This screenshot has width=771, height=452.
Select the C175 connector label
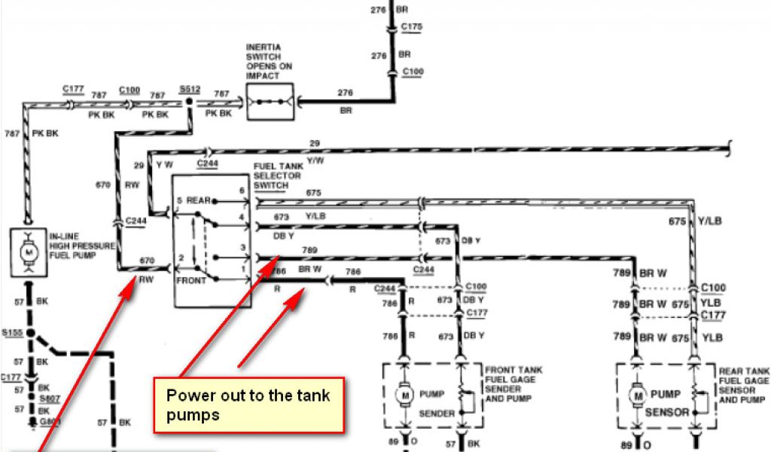[x=413, y=26]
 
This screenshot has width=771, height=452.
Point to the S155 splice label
[x=13, y=331]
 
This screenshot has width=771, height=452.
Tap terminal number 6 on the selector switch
[x=242, y=191]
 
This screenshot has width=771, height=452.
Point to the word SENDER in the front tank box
[x=436, y=414]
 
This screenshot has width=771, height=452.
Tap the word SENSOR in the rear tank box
[x=667, y=413]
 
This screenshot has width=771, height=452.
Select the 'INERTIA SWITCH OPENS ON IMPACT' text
[x=270, y=61]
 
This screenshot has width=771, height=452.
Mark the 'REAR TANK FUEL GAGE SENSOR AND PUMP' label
[x=744, y=384]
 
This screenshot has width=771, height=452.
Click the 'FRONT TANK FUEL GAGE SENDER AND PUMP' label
[x=513, y=384]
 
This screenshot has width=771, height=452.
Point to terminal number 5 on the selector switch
[x=178, y=200]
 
